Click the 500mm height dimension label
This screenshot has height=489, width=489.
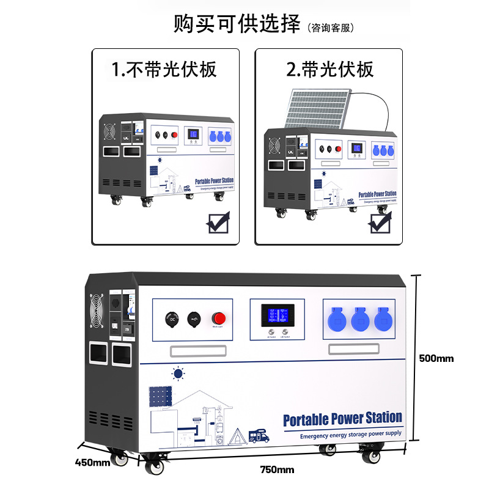(436, 358)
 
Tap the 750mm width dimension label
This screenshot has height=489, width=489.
(277, 470)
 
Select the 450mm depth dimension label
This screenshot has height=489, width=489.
(93, 462)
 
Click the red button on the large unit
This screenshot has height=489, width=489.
(218, 318)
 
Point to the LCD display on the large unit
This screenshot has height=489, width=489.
(276, 315)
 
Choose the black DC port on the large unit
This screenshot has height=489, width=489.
(172, 318)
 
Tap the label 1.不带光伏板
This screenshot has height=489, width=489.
(164, 69)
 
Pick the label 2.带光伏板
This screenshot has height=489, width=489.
(330, 69)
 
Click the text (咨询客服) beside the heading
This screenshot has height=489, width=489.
(330, 28)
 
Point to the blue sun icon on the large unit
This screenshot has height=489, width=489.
(178, 372)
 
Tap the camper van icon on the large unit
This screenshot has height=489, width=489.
(258, 436)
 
